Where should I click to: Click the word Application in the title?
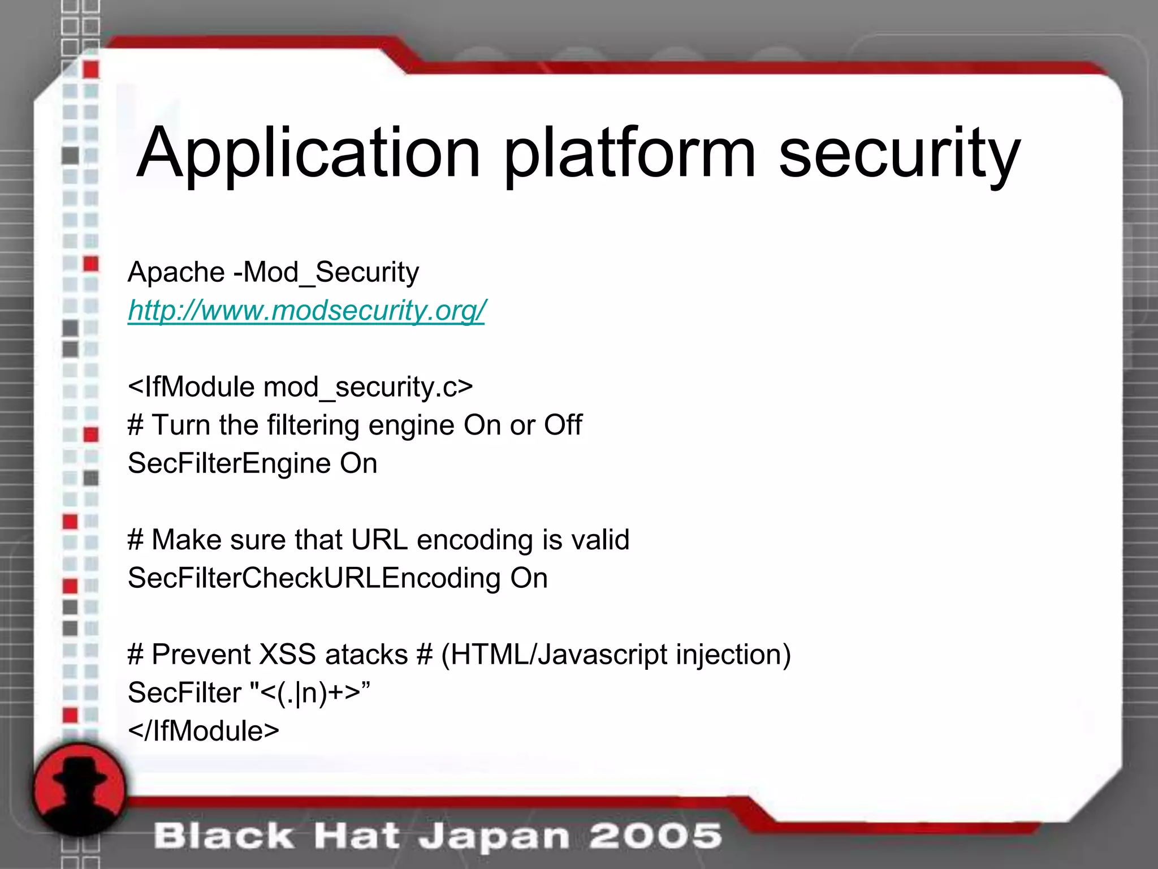pos(308,154)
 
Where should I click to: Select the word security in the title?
pos(899,154)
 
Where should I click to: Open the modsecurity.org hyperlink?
pos(306,311)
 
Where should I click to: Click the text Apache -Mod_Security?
pos(273,272)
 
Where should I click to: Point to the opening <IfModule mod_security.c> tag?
pos(300,388)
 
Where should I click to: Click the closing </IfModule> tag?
pos(204,731)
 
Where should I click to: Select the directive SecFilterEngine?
pos(229,463)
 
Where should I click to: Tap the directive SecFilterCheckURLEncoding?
pos(314,578)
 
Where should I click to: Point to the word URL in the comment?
pos(379,540)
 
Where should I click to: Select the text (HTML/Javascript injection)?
pos(616,655)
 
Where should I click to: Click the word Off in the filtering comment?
pos(563,425)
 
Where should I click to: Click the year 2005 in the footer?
pos(655,836)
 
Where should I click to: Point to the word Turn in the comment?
pos(180,425)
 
